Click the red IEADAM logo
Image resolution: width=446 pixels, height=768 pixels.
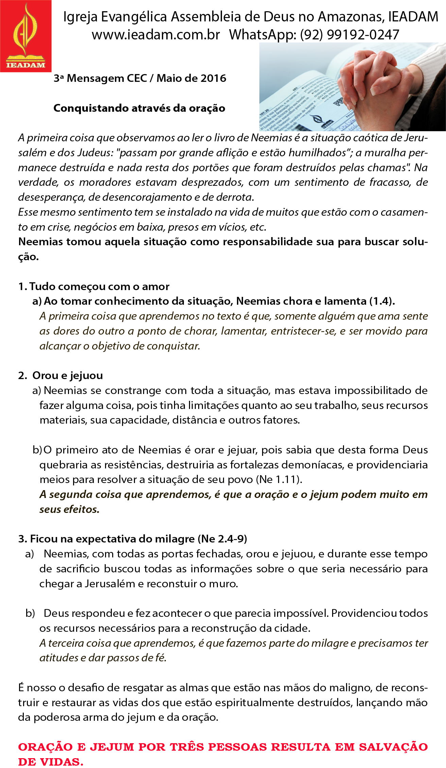point(26,36)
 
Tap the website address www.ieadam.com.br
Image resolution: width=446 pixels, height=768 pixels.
point(156,35)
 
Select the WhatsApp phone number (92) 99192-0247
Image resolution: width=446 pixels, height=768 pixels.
point(349,35)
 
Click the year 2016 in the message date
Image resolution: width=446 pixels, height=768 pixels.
point(213,78)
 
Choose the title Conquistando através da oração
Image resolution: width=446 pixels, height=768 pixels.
point(139,108)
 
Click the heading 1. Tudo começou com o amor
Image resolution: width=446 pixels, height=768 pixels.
point(94,286)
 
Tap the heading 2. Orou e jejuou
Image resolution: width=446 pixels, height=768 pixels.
point(61,376)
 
